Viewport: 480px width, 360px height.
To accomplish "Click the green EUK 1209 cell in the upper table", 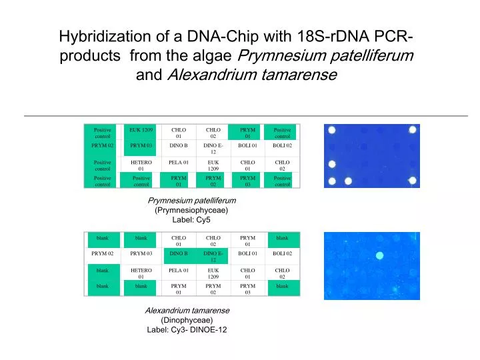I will pyautogui.click(x=141, y=132).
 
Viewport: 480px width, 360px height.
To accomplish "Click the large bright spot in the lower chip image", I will pyautogui.click(x=380, y=255).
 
